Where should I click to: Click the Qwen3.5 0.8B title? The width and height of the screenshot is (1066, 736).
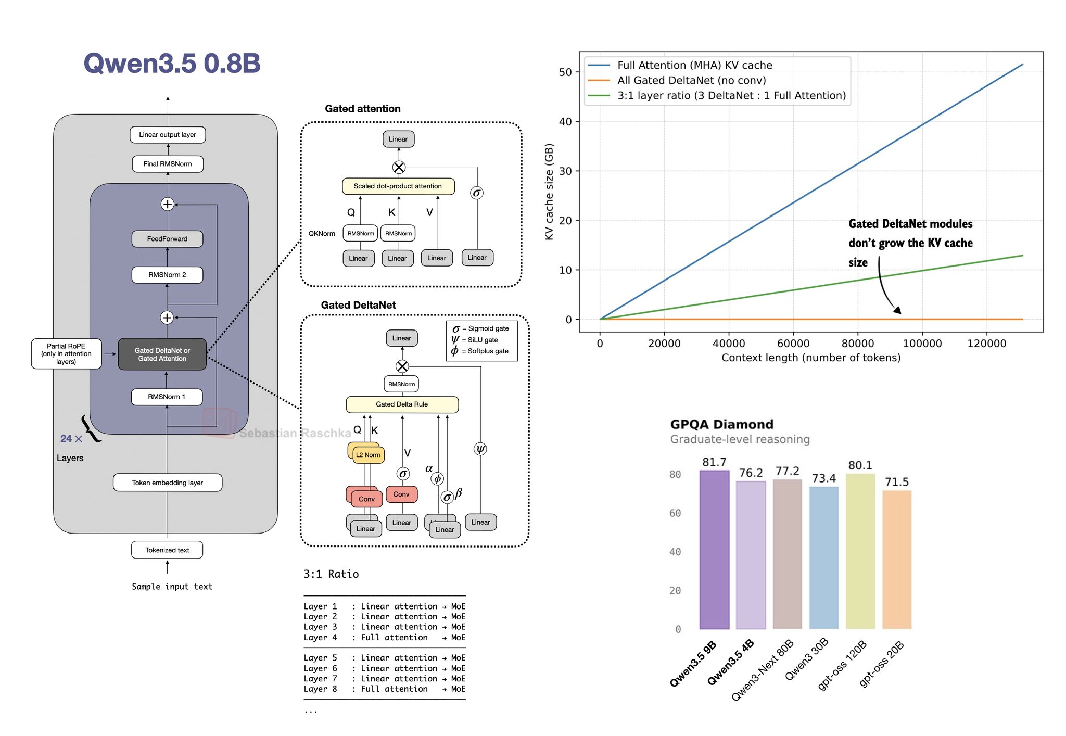(x=172, y=64)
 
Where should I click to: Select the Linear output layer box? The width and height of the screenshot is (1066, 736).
(x=168, y=135)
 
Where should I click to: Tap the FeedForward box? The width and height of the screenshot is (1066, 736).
(x=167, y=239)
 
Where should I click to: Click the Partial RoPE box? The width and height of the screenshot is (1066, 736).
(x=66, y=354)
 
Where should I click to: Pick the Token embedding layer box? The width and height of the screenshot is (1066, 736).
(x=167, y=483)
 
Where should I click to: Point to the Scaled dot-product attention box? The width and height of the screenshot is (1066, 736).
(x=398, y=186)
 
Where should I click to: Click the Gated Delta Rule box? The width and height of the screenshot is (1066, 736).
(x=402, y=404)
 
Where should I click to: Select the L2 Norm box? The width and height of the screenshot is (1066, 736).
(x=368, y=455)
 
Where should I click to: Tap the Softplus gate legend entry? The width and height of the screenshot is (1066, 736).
(x=481, y=351)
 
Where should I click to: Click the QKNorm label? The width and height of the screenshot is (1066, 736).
(x=322, y=233)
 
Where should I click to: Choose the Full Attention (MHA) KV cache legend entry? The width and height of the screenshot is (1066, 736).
(x=694, y=65)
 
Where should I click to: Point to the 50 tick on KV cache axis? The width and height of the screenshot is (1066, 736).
(x=565, y=72)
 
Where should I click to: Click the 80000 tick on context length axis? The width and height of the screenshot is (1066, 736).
(x=858, y=344)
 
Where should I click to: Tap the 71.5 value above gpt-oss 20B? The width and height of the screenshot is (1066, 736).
(x=897, y=482)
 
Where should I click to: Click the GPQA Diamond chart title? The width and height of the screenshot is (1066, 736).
(x=721, y=424)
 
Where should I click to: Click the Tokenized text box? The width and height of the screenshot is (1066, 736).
(x=167, y=550)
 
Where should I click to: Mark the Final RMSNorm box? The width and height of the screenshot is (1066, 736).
(x=168, y=164)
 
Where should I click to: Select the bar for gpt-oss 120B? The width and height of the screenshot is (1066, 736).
(x=860, y=551)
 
